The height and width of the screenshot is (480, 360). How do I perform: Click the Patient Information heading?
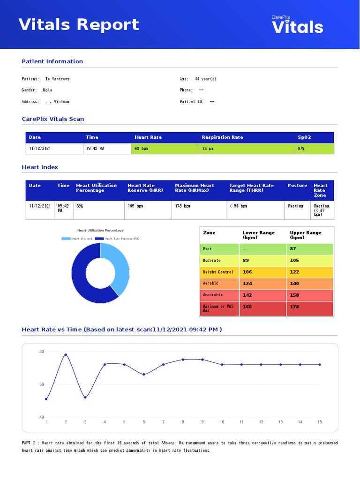52,61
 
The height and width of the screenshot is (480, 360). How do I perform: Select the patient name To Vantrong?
57,79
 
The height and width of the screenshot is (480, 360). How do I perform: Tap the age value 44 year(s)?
205,79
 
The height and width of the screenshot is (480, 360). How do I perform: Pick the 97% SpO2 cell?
301,149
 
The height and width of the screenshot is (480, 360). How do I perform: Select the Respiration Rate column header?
222,137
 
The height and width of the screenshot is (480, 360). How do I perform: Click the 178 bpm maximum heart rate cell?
183,206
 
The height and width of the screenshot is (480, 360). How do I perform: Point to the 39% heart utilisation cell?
80,206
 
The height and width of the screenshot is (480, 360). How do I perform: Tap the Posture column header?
297,186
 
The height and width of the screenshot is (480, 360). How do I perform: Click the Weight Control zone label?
218,272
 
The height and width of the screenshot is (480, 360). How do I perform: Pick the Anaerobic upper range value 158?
294,295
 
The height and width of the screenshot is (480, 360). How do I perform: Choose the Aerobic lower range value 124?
247,284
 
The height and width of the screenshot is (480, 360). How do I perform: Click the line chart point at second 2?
66,355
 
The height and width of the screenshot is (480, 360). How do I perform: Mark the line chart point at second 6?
144,374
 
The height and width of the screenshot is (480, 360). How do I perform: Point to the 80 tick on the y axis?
41,352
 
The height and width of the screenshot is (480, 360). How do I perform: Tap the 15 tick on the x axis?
320,422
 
